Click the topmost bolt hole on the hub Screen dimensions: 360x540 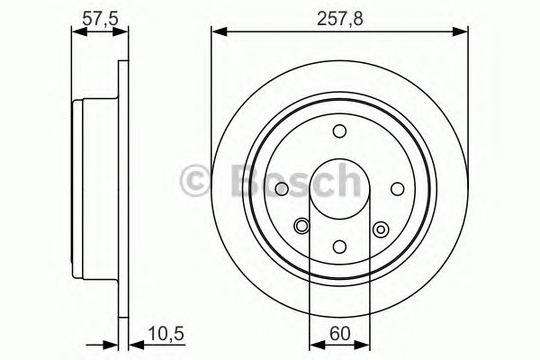pyautogui.click(x=339, y=132)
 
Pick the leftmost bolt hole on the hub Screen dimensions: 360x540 pyautogui.click(x=282, y=189)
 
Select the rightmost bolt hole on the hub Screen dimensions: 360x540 pyautogui.click(x=397, y=189)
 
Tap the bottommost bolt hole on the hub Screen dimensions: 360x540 pyautogui.click(x=339, y=246)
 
